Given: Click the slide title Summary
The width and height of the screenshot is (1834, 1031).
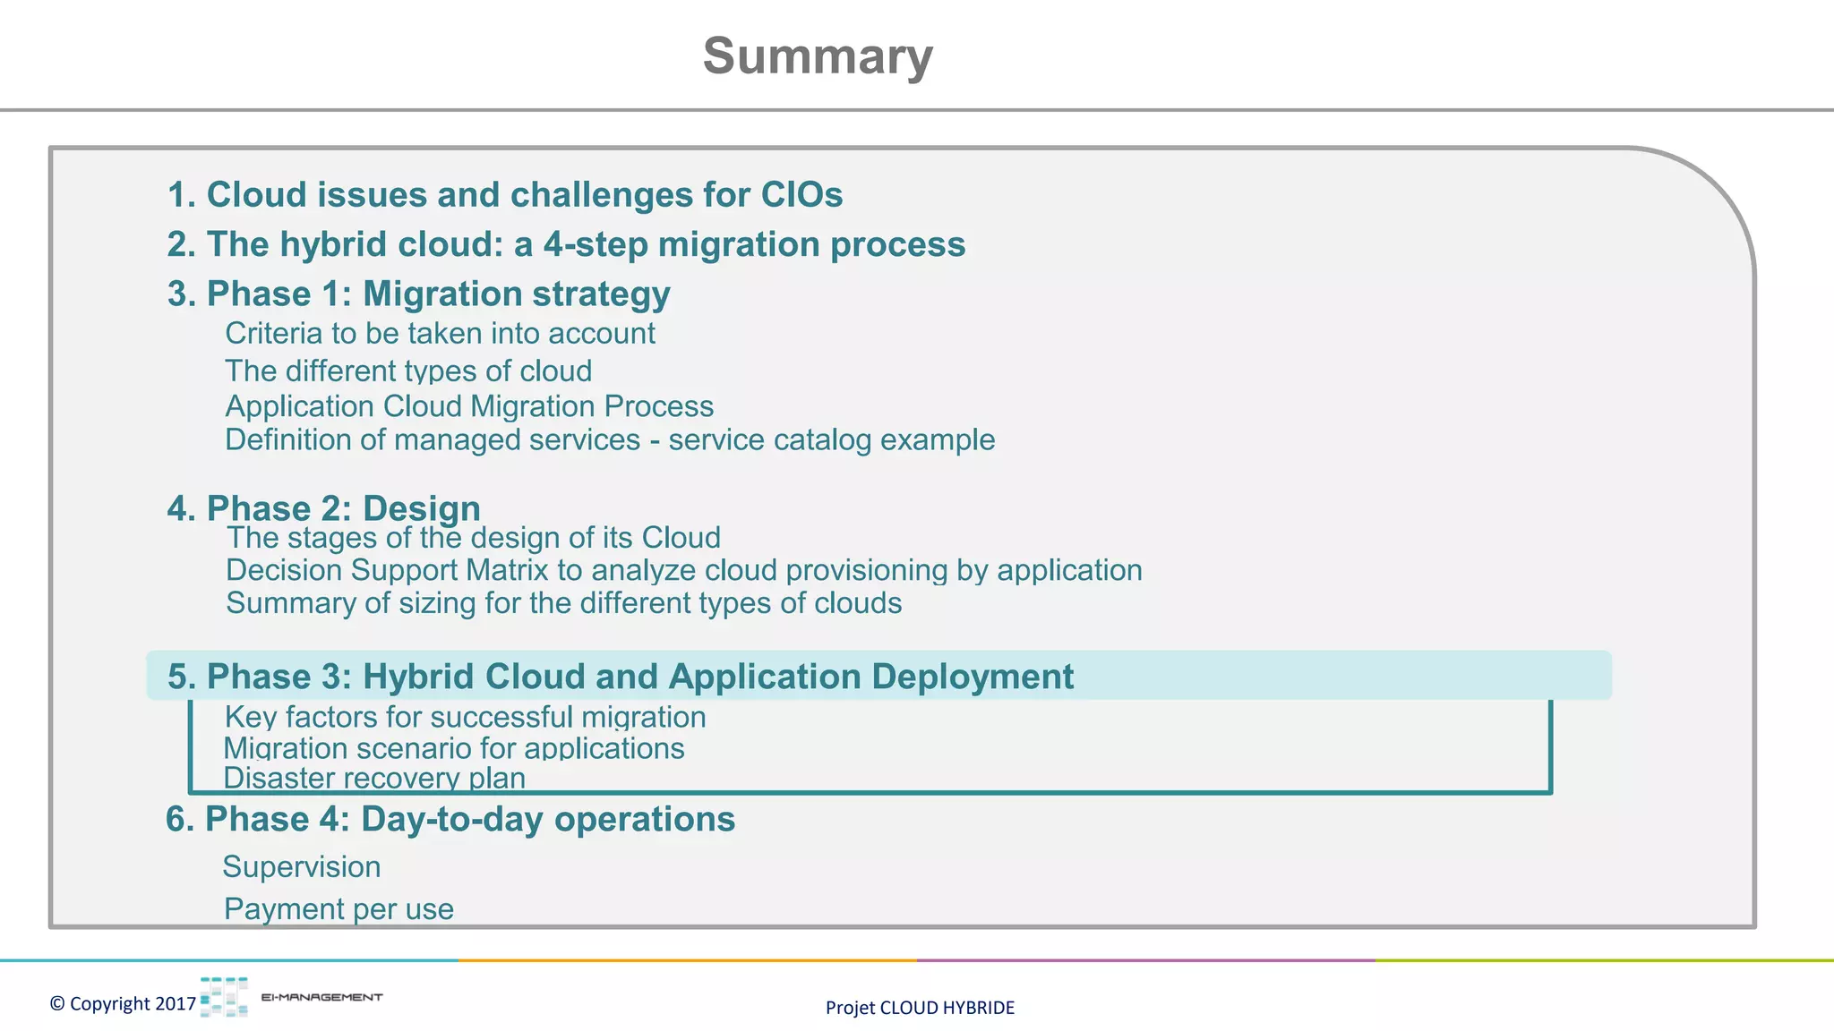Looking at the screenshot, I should [818, 56].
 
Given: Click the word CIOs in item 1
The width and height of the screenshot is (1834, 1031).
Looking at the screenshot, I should [801, 195].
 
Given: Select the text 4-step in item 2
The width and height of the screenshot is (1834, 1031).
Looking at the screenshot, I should [595, 244].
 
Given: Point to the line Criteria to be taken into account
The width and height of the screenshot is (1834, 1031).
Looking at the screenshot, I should [440, 334].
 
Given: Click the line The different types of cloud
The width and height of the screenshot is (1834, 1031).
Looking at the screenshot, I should [408, 371].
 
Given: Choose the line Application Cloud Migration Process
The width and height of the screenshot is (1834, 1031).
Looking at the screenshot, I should [469, 406].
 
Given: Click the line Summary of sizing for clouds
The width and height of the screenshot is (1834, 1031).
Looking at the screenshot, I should [563, 603].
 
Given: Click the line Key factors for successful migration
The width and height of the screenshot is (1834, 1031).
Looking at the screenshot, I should [465, 717].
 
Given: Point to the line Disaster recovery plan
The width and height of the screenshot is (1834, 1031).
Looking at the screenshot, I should [373, 777].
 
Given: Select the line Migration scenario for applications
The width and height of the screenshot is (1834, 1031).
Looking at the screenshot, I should [453, 748].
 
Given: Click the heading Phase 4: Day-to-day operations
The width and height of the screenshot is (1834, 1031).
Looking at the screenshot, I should [450, 819].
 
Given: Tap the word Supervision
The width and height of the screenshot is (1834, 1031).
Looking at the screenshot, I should [302, 866].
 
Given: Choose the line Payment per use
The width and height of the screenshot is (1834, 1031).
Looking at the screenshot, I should [339, 908].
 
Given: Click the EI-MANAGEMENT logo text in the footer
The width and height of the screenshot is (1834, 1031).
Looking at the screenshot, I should [321, 997].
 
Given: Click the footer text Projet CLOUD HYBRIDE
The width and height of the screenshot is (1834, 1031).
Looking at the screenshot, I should [920, 1008].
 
